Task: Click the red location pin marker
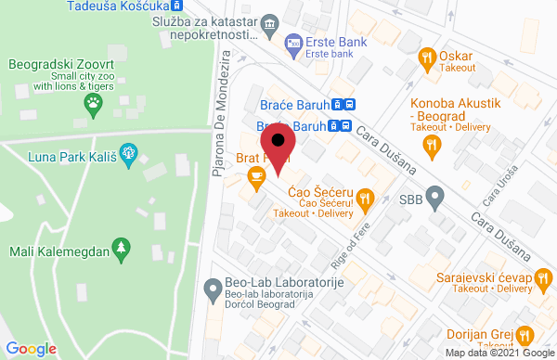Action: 278,146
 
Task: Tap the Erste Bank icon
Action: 292,43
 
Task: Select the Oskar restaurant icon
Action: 427,57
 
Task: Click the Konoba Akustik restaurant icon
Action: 431,144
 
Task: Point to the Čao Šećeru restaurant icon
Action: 366,197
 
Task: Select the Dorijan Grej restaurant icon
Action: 525,334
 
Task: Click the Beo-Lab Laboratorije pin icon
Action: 213,285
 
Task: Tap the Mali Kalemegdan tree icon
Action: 119,248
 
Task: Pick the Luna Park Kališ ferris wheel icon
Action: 129,148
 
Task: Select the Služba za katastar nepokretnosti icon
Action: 269,22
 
